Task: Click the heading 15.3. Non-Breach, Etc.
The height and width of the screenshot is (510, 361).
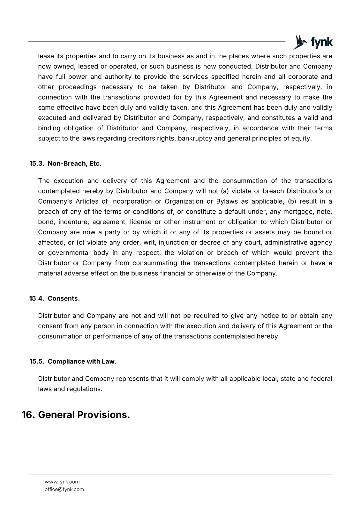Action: click(x=65, y=164)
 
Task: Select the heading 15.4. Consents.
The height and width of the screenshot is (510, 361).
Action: click(x=55, y=299)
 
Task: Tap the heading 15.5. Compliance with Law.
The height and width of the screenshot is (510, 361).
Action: click(x=73, y=361)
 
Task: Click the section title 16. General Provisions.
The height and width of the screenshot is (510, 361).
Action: click(x=76, y=415)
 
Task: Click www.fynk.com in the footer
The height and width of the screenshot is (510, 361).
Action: click(x=62, y=482)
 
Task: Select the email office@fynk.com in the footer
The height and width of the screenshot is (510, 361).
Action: click(x=64, y=489)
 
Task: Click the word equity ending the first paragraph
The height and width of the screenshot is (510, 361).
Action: click(x=301, y=138)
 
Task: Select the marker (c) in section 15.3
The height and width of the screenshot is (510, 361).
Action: click(x=80, y=243)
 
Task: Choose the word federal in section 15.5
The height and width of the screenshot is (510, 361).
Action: click(x=321, y=379)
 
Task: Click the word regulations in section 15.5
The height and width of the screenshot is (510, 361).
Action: click(x=84, y=389)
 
